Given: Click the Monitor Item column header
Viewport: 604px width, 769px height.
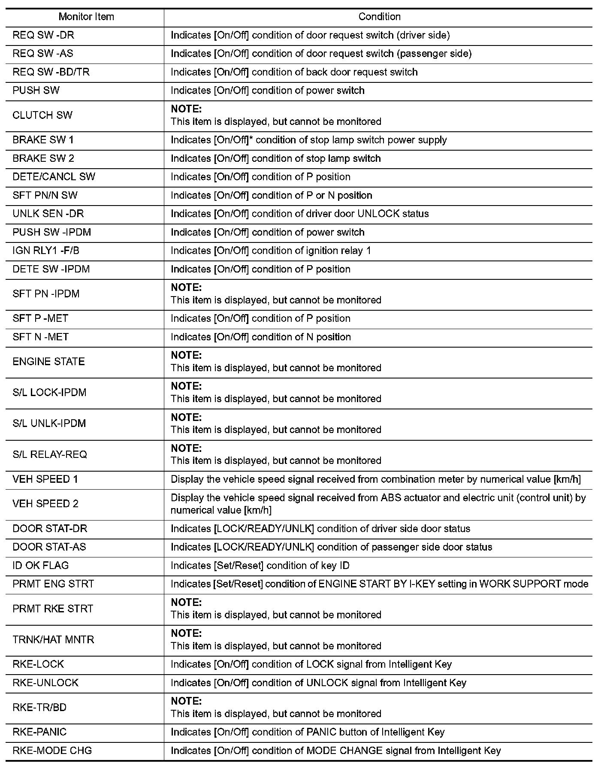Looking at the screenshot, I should tap(86, 17).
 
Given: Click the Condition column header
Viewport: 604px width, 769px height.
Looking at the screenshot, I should tap(379, 17).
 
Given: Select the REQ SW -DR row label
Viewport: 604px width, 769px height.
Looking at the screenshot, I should tap(43, 35).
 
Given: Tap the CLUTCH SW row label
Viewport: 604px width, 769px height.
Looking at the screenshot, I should tap(42, 115).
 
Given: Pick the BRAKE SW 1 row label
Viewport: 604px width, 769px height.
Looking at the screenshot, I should tap(43, 140).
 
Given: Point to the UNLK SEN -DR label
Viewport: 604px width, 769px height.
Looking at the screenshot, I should tap(48, 214).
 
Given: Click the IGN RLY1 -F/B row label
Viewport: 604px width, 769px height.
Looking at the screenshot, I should tap(46, 251).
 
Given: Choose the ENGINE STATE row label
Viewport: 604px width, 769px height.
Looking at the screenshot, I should tap(48, 361).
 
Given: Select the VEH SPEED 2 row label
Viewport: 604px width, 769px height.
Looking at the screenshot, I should tap(45, 504).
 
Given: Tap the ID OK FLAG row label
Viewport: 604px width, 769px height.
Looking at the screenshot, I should tap(41, 566).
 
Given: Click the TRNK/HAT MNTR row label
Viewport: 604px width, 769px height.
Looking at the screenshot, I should tap(53, 639).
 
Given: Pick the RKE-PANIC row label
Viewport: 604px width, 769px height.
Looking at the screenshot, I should tap(39, 732).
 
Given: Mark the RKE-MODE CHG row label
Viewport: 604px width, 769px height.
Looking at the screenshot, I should tap(52, 751).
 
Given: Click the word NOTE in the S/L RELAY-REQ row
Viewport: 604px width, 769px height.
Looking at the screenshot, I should tap(186, 448).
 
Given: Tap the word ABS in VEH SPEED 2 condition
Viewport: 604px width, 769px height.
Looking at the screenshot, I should tap(390, 498).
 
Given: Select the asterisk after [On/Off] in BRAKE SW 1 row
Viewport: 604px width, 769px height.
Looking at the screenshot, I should tap(251, 139).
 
